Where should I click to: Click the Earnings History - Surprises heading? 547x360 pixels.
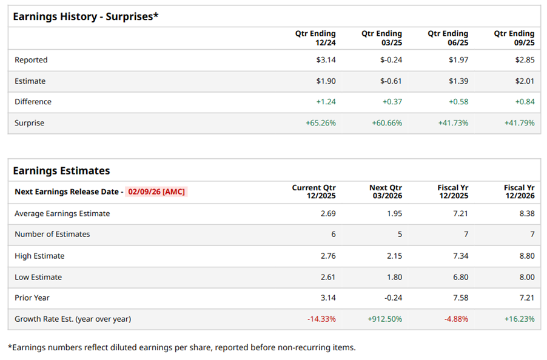[86, 16]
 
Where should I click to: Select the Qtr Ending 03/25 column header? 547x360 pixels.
[381, 38]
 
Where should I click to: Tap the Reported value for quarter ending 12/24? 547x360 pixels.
[325, 60]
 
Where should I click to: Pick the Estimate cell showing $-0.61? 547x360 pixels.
[391, 81]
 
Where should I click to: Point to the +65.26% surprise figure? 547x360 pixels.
[320, 123]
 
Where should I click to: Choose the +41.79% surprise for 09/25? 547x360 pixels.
[519, 123]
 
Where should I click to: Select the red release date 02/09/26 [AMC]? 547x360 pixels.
[156, 192]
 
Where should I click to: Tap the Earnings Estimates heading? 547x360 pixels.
[61, 171]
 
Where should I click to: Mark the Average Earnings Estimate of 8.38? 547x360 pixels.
[526, 213]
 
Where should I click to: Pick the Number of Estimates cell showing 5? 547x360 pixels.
[399, 235]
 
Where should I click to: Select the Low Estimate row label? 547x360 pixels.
[38, 277]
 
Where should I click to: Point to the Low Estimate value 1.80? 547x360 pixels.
[394, 277]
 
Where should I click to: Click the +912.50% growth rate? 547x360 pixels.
[385, 319]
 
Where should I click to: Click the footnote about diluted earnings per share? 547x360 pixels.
[181, 347]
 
